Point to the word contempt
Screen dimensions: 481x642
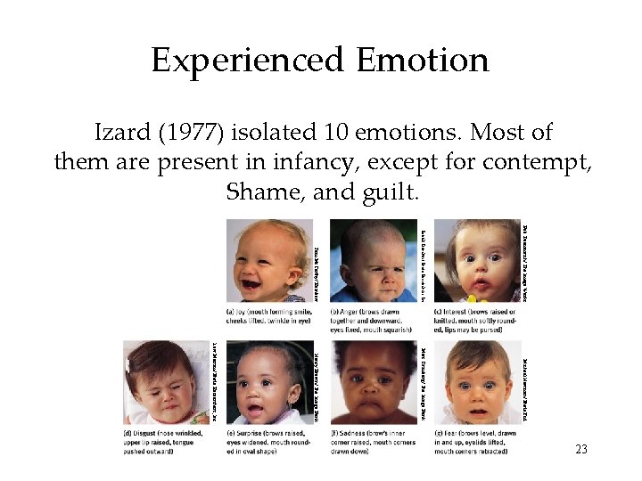point(535,163)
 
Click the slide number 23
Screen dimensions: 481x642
point(580,450)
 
